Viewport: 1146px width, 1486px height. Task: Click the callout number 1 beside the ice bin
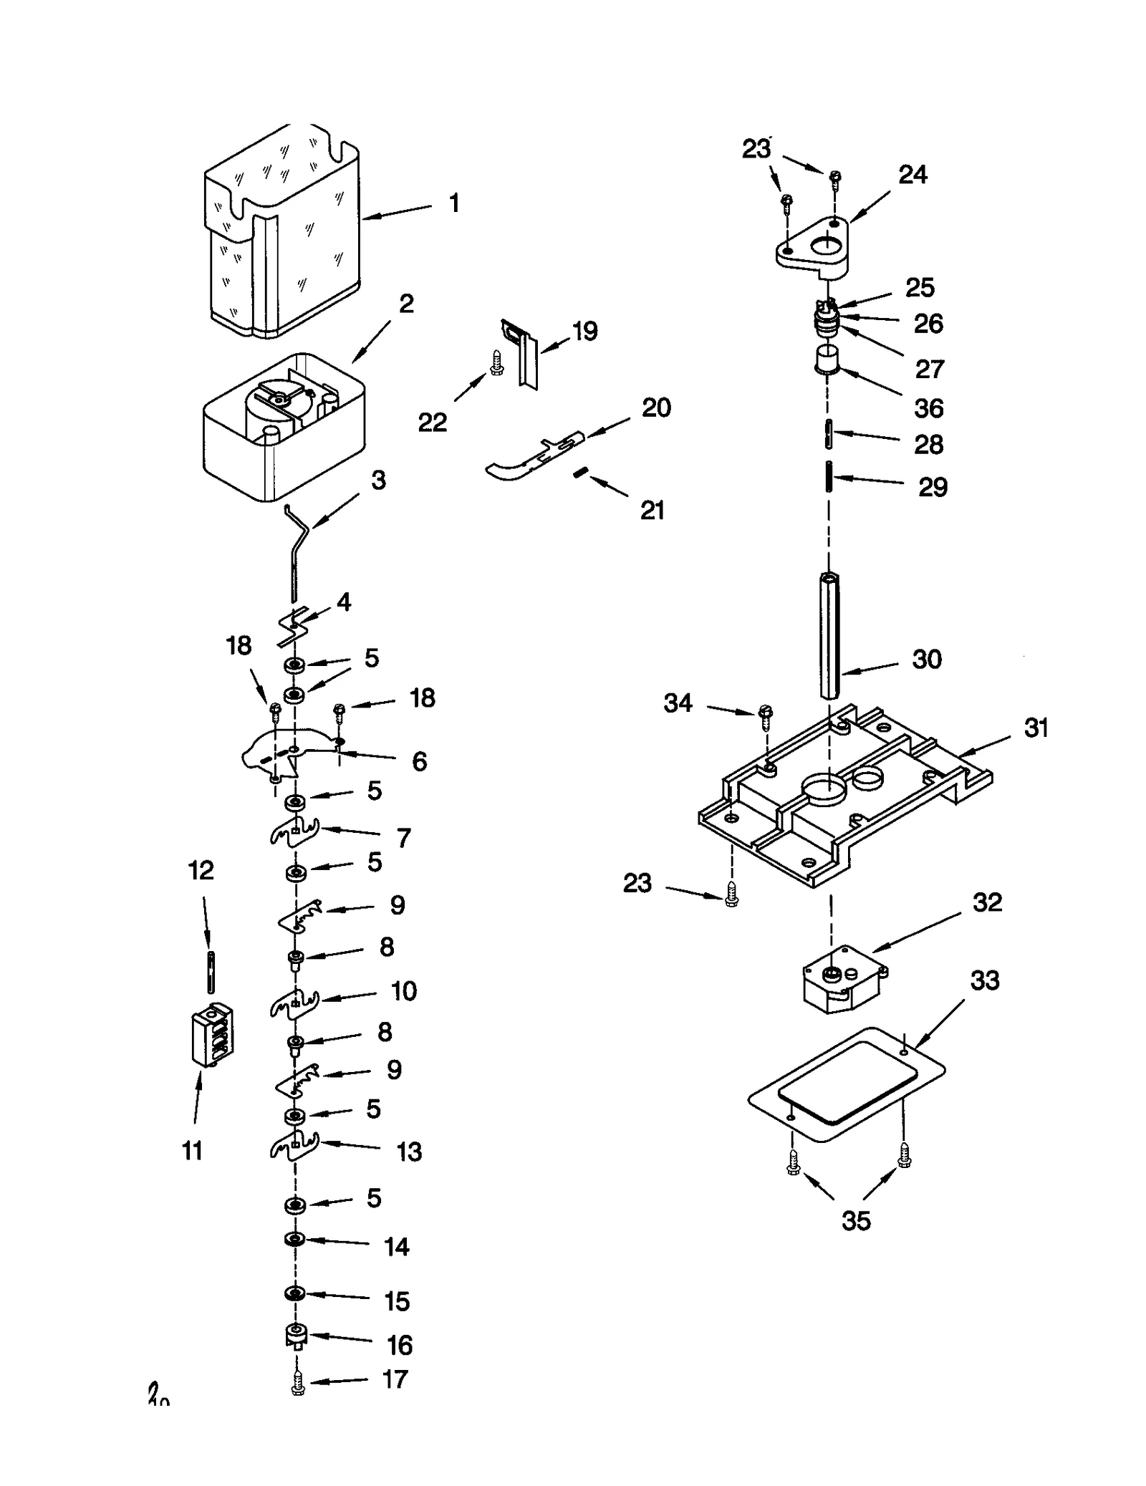454,203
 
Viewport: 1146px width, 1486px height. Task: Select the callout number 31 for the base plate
1036,728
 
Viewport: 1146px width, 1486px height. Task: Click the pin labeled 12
211,972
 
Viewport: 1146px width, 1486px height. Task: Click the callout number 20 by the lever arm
655,407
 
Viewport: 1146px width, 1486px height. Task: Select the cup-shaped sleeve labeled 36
827,360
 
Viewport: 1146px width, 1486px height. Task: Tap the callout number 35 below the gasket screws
855,1220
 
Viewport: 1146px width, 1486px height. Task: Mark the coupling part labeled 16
295,1336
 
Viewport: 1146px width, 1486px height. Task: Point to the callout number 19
584,331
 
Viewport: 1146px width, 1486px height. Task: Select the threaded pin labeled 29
829,477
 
